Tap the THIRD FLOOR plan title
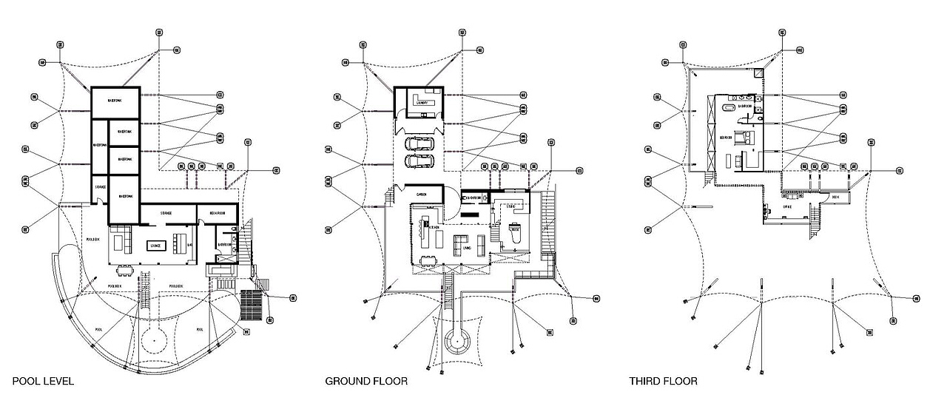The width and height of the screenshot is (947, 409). tap(663, 382)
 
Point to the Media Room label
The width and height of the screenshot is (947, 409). tap(216, 213)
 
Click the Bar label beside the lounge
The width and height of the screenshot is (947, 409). tap(190, 245)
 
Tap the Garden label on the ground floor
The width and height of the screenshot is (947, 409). tap(422, 194)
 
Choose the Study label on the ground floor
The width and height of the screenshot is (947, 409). tap(516, 230)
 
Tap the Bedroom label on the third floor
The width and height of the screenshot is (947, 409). tap(727, 138)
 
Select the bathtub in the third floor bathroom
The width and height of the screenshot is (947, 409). tap(729, 109)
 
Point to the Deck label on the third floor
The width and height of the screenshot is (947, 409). tap(836, 197)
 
